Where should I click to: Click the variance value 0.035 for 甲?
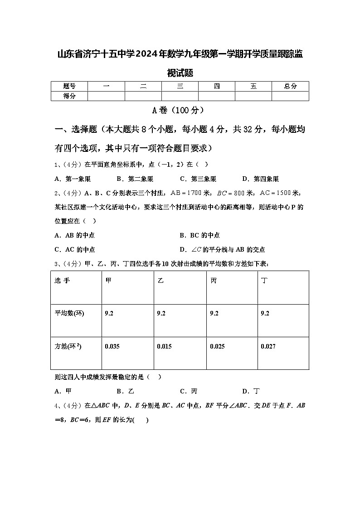[112, 346]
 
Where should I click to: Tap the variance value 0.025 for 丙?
[217, 346]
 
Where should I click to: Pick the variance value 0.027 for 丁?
[268, 346]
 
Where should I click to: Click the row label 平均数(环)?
[69, 313]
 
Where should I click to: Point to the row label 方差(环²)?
[68, 346]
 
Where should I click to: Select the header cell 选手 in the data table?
[62, 281]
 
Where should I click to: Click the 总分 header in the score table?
[290, 86]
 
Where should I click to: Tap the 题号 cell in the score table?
[69, 86]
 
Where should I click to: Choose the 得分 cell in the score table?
[69, 96]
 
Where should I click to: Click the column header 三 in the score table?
[180, 86]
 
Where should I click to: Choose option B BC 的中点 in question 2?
[199, 235]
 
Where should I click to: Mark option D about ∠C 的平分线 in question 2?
[222, 249]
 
